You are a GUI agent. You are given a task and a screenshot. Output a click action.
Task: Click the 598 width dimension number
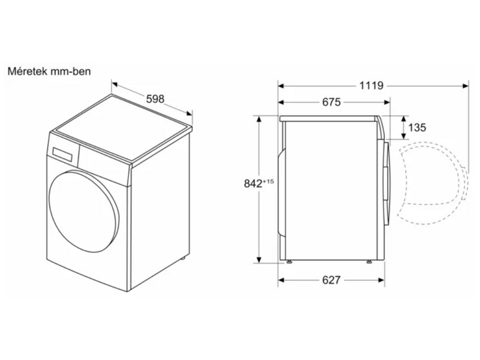pos(155,98)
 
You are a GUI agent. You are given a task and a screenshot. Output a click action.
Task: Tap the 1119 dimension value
pos(371,85)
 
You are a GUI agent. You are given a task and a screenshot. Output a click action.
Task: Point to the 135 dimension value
pos(417,127)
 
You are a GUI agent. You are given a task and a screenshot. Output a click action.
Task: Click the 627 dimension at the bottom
pos(331,280)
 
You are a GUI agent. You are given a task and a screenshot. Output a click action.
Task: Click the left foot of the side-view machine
pos(290,262)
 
